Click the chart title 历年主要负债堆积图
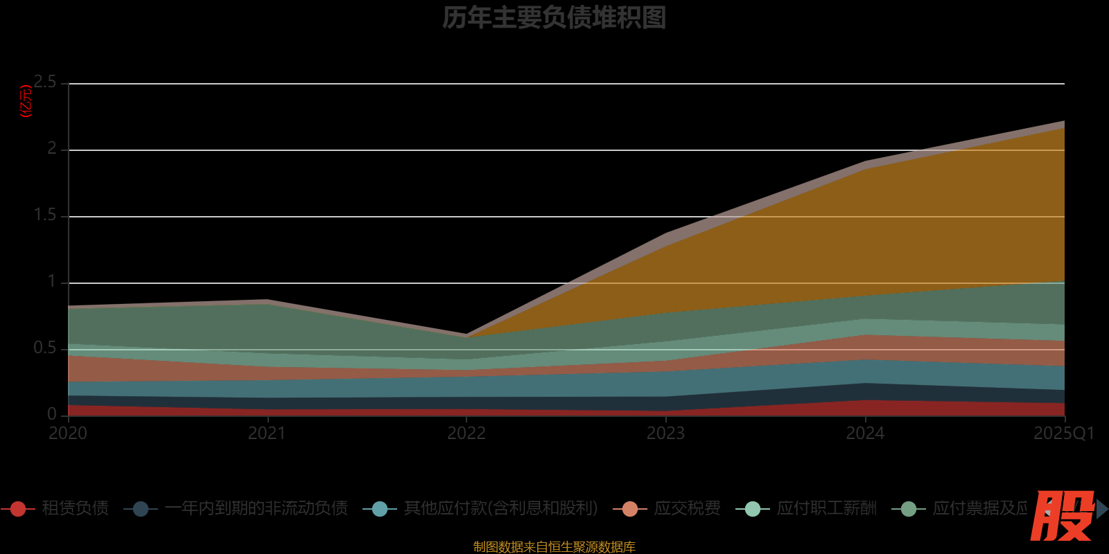[x=554, y=18]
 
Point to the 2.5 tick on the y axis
[x=46, y=82]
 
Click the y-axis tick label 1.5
[x=46, y=215]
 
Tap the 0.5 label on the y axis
[x=46, y=348]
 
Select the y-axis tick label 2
[x=52, y=149]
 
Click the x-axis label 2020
[x=68, y=434]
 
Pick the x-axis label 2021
[x=267, y=434]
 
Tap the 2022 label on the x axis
[x=466, y=434]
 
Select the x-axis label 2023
[x=665, y=434]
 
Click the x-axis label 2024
[x=865, y=434]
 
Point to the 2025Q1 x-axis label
[x=1064, y=434]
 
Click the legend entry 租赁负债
[x=75, y=508]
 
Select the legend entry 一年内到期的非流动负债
[x=256, y=508]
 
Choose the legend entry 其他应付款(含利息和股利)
[x=500, y=508]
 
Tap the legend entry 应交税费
[x=687, y=508]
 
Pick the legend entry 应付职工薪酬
[x=826, y=508]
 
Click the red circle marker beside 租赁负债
[x=18, y=509]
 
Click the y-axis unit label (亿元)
[x=26, y=102]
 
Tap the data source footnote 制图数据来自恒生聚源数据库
[x=554, y=547]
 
